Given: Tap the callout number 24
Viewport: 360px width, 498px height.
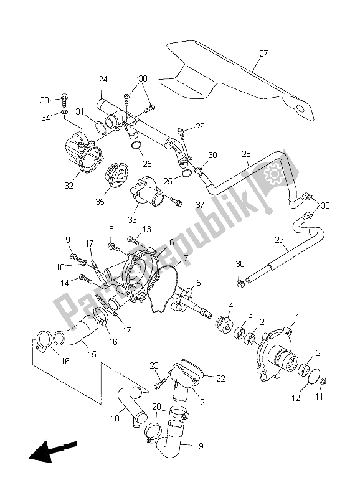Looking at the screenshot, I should click(103, 79).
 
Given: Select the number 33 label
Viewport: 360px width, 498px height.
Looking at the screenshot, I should click(44, 100).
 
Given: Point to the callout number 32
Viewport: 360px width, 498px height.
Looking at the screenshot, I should click(69, 185).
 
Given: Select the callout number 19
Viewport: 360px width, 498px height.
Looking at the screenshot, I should click(198, 446).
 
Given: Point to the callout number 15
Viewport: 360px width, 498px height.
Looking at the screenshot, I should click(92, 355).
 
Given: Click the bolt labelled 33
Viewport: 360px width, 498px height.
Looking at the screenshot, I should click(65, 98).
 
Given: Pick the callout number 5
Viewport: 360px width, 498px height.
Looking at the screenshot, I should click(198, 283).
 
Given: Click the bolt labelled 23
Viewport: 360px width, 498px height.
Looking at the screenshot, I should click(159, 378).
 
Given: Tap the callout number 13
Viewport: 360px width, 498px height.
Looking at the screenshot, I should click(147, 229).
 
